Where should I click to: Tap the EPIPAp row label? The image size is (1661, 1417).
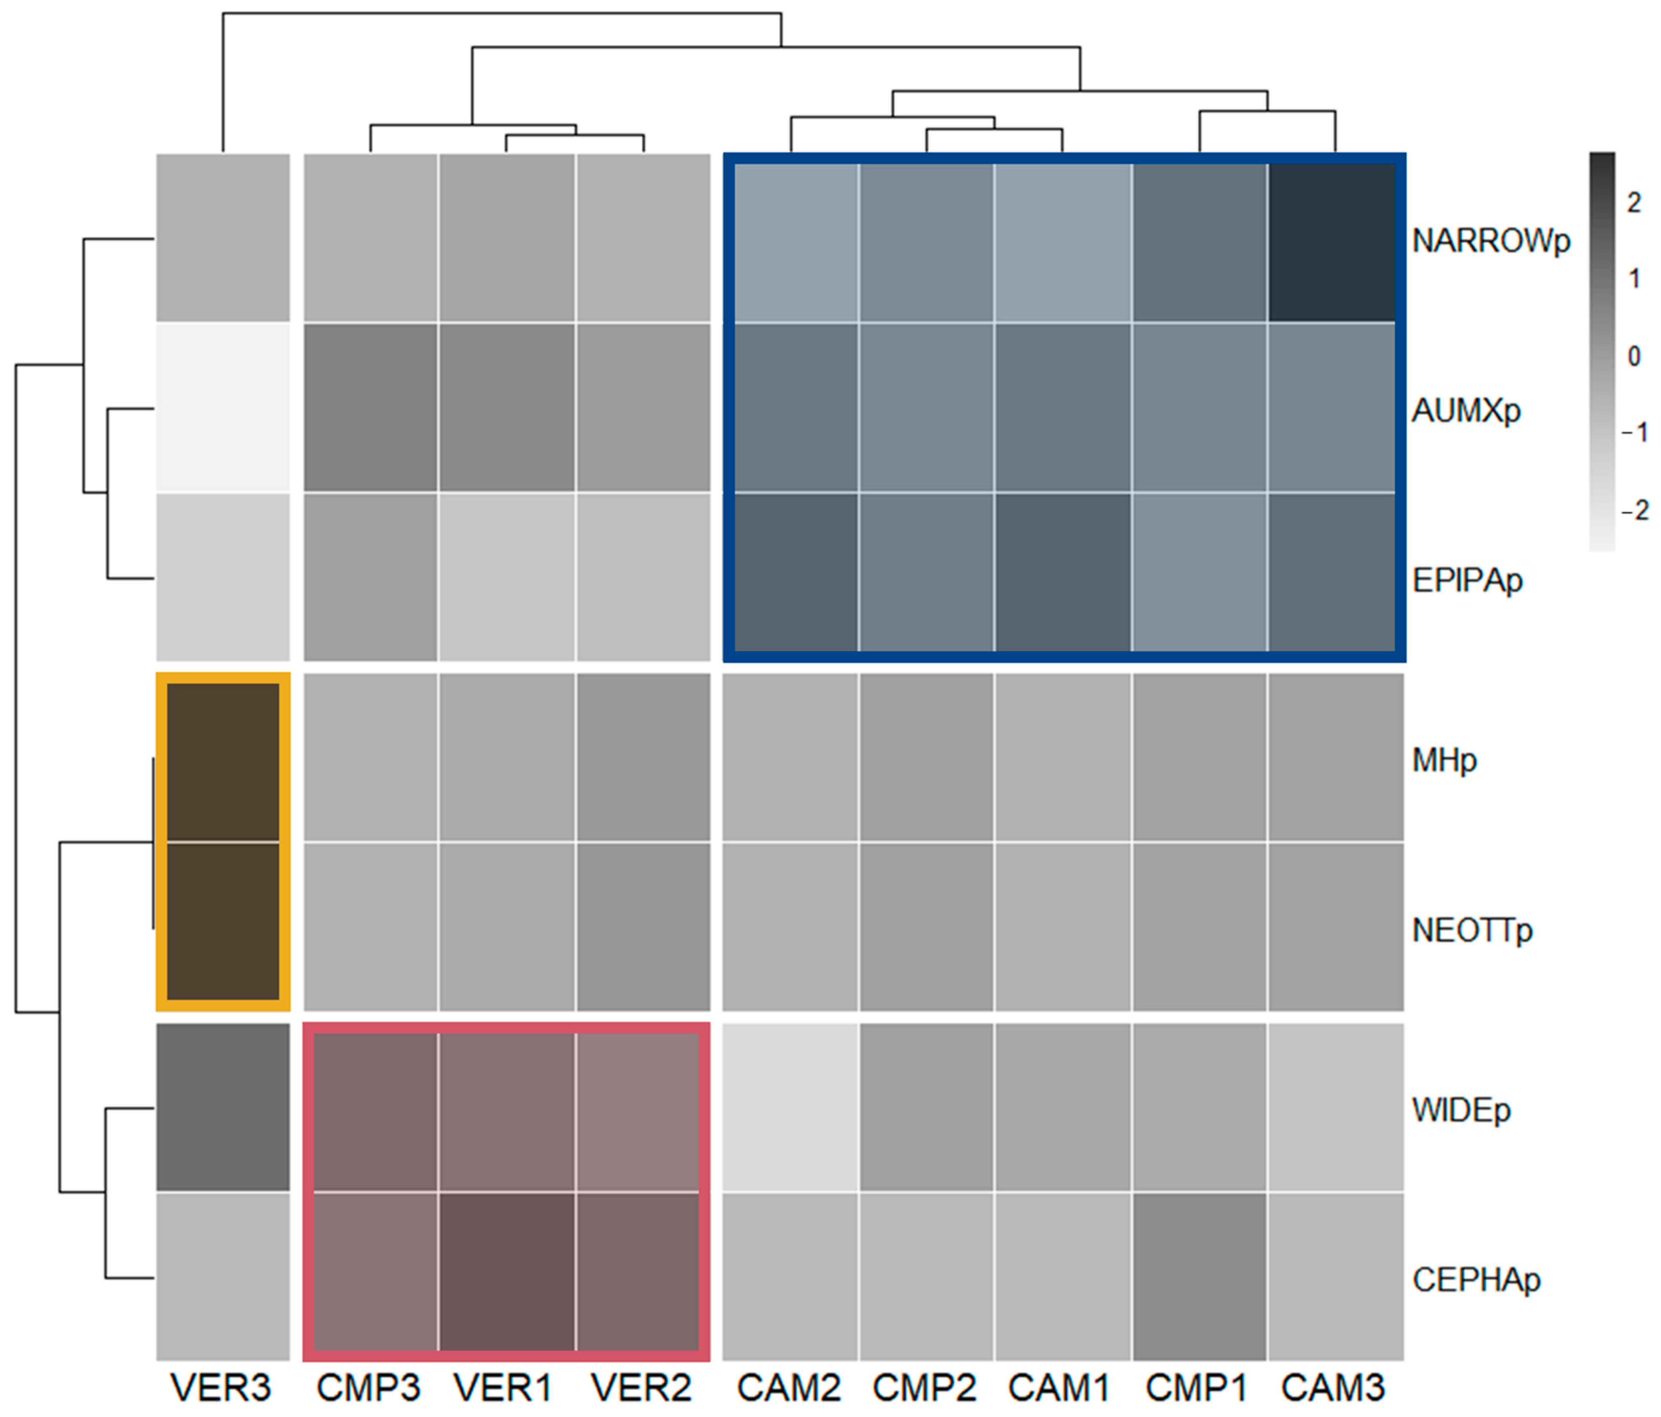tap(1467, 580)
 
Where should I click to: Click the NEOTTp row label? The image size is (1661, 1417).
tap(1472, 930)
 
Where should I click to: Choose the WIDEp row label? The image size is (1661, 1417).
tap(1461, 1110)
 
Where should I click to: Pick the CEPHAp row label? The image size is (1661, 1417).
tap(1476, 1280)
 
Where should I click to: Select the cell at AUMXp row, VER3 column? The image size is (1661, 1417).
tap(223, 407)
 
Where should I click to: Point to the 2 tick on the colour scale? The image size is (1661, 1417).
tap(1634, 203)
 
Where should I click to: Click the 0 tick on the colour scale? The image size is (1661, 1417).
tap(1634, 357)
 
